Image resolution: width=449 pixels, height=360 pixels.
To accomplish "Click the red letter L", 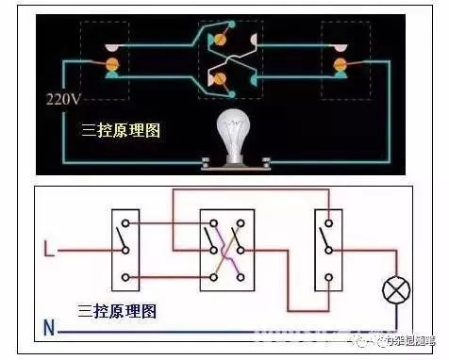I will tap(50, 251).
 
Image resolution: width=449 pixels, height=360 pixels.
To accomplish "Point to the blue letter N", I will tap(49, 329).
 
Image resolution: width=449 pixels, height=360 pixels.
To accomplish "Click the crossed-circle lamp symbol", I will tap(393, 290).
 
